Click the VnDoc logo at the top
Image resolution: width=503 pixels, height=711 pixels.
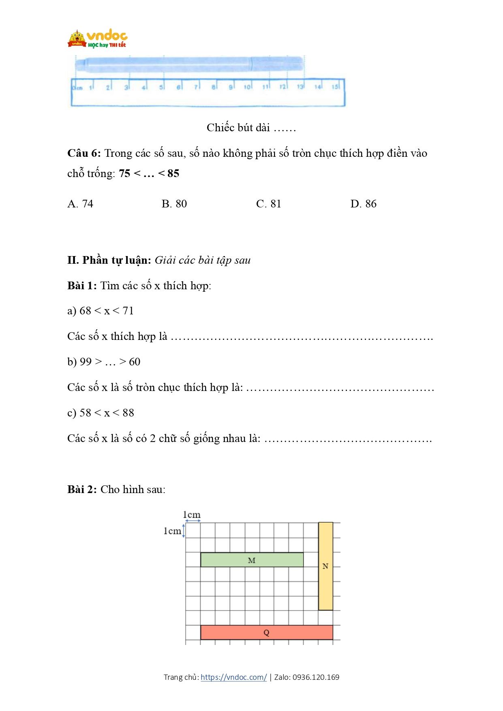pos(97,39)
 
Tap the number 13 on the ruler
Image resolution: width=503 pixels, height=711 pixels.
pos(300,87)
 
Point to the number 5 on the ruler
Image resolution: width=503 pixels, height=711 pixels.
pos(161,87)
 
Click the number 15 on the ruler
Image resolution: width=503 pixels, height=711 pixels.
pos(335,87)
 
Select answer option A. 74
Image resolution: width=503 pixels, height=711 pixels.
pos(80,204)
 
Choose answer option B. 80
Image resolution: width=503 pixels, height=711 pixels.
pos(174,204)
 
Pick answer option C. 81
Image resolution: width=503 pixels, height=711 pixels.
pos(269,204)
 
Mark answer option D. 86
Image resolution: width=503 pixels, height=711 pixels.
pos(364,204)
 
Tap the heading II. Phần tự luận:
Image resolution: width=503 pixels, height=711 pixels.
pos(109,260)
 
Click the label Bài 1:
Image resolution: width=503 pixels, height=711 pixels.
pos(82,286)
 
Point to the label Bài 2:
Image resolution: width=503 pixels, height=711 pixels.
pos(82,489)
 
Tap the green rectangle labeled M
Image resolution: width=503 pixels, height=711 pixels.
pos(252,560)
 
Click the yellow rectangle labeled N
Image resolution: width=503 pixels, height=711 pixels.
pos(325,566)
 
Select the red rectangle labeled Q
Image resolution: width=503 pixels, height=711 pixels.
pos(266,632)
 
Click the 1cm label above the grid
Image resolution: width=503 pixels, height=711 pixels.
pos(192,515)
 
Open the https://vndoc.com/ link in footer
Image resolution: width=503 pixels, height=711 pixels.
pos(233,677)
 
